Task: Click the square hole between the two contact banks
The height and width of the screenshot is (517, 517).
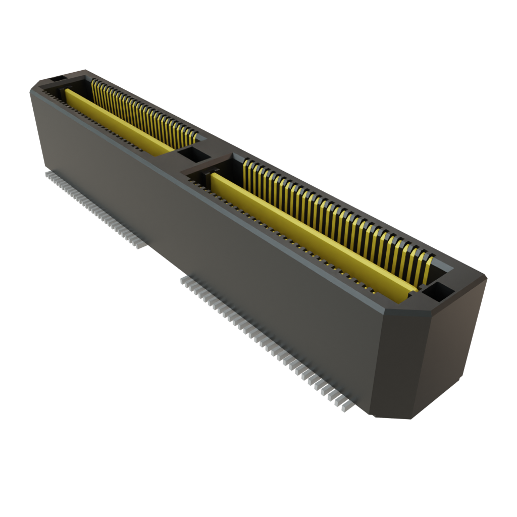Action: point(193,154)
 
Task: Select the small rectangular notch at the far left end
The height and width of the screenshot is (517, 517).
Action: point(56,78)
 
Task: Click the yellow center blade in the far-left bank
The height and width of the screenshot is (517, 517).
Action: point(119,121)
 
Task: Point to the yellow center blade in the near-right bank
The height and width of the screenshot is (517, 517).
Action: point(313,237)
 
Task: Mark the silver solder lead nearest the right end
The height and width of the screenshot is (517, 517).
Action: point(347,406)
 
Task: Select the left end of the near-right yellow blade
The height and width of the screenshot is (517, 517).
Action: point(215,178)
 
